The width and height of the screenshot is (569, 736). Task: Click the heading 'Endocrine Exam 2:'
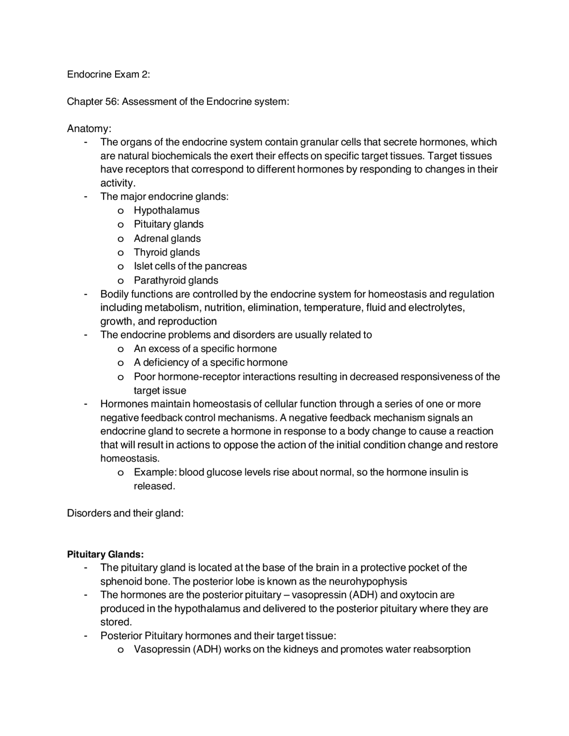(108, 74)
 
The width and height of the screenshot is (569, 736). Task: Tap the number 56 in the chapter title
(111, 101)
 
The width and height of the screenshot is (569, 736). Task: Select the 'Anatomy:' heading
(89, 128)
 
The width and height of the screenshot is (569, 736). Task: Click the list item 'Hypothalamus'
(167, 210)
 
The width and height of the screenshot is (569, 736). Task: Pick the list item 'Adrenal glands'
(167, 238)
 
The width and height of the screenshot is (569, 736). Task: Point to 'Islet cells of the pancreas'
(190, 266)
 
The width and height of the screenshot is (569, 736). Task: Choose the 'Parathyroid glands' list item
(176, 280)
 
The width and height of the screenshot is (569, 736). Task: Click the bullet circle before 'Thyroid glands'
(120, 252)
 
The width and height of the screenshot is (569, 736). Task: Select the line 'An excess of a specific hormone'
(205, 348)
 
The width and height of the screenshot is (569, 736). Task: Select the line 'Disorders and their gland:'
(125, 513)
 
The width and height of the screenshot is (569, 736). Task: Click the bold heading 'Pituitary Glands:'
(105, 554)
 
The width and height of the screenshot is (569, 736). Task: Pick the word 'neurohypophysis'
(368, 581)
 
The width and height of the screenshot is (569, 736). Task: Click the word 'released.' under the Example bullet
(154, 486)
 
